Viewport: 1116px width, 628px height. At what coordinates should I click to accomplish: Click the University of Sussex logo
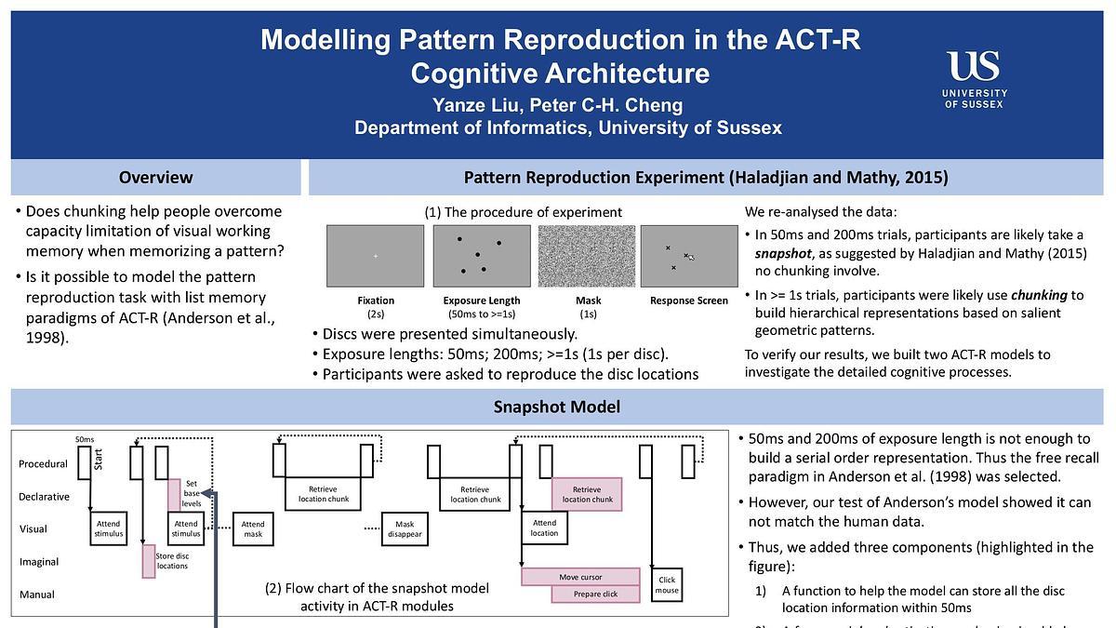click(x=975, y=80)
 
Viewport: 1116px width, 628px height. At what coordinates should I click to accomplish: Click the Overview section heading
click(x=155, y=177)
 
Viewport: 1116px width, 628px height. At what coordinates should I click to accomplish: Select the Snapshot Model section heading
click(x=558, y=407)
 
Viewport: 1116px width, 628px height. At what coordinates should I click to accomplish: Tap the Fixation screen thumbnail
click(x=376, y=256)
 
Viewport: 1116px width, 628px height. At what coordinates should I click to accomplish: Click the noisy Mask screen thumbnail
click(x=588, y=256)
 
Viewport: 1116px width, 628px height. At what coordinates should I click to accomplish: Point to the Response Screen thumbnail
click(x=689, y=256)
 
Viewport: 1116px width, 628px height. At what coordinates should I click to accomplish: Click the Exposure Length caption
click(x=482, y=301)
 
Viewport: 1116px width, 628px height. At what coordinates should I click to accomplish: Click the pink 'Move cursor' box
click(x=580, y=577)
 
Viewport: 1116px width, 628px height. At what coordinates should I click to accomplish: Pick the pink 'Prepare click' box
click(x=595, y=594)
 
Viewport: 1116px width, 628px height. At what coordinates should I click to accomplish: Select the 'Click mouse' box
click(x=667, y=585)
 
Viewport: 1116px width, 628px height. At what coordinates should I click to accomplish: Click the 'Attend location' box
click(x=544, y=528)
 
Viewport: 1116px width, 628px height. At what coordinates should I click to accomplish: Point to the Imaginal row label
click(x=38, y=562)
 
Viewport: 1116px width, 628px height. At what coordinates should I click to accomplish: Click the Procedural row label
click(x=43, y=463)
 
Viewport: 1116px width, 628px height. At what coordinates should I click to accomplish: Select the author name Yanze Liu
click(x=477, y=104)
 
